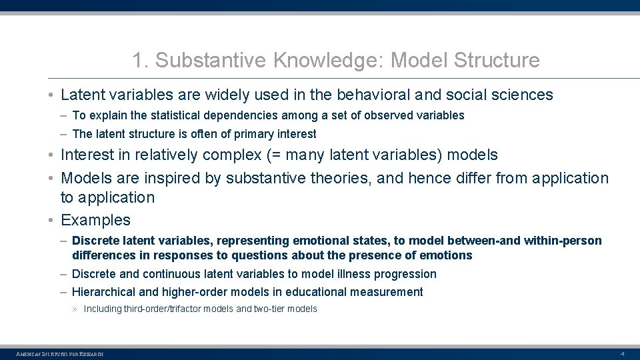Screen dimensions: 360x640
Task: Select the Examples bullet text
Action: (x=95, y=220)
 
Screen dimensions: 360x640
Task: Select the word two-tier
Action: (x=270, y=309)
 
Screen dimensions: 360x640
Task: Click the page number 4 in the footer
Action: (x=622, y=353)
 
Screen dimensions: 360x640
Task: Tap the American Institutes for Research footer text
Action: (x=60, y=353)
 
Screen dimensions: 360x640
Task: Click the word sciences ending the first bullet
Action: (x=525, y=95)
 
